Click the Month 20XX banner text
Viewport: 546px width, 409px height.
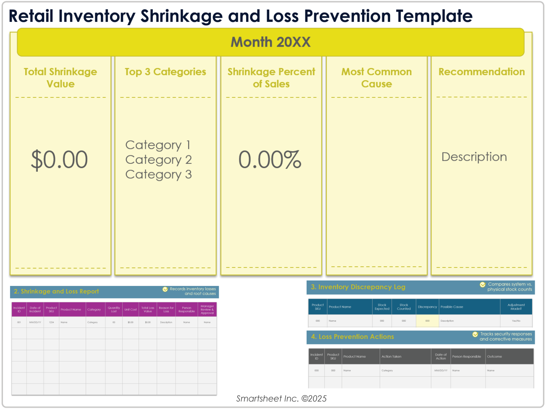click(270, 42)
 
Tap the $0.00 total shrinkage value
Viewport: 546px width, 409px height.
click(59, 160)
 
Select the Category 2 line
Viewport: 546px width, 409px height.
click(158, 160)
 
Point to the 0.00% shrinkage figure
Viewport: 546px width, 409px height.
click(270, 160)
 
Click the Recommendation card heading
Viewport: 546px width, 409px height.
click(481, 72)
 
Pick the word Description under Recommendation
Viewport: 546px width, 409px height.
click(474, 157)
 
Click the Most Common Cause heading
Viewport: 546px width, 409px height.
click(376, 78)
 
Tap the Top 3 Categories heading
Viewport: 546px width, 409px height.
click(165, 72)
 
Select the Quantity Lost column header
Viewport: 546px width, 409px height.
click(114, 309)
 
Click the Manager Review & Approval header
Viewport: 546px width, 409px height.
click(207, 309)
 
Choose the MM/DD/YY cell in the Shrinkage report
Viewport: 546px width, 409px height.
click(35, 322)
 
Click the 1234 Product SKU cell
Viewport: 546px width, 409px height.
click(51, 322)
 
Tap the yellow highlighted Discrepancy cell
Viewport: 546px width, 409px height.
click(427, 321)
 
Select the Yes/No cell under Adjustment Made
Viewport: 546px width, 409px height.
click(516, 321)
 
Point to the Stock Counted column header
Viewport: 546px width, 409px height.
click(404, 307)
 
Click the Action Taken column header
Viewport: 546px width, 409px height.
click(391, 357)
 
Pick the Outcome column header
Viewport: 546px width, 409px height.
click(494, 357)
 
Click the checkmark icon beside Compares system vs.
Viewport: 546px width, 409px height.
click(483, 285)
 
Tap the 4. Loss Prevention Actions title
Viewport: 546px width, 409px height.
click(352, 337)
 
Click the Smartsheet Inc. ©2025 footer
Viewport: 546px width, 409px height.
click(281, 399)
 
